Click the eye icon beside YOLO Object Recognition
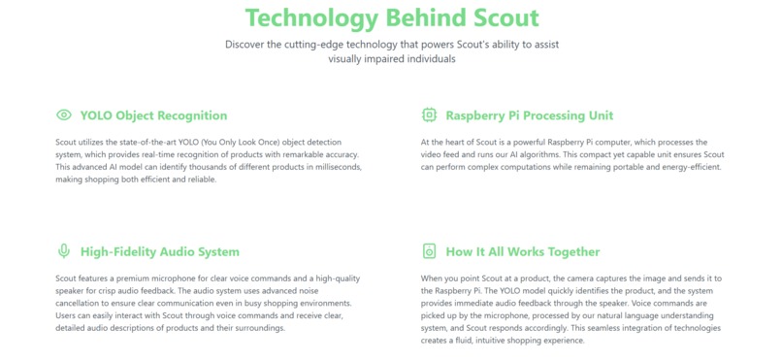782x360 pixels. click(64, 115)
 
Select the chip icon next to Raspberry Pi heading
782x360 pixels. click(430, 115)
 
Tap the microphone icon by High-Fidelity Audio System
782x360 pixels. click(64, 251)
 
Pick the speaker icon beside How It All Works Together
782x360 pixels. click(430, 251)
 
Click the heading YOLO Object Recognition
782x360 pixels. click(153, 115)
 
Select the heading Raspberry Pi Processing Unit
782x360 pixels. click(529, 115)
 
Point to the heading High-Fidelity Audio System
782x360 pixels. click(159, 251)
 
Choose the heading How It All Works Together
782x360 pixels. click(522, 251)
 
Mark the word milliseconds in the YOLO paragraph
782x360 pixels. click(334, 167)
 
